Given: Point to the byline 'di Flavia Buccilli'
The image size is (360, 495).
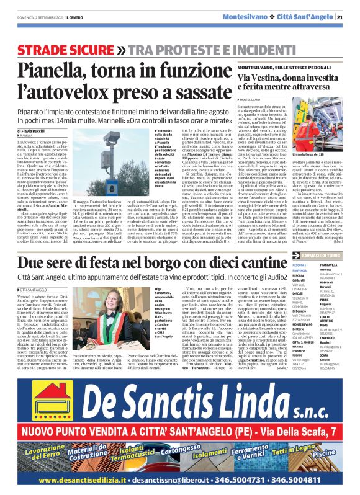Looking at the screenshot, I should point(29,132).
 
